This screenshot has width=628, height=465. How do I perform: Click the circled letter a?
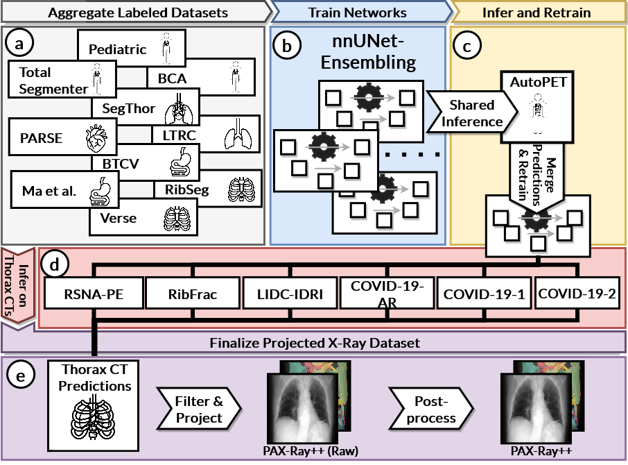click(x=19, y=43)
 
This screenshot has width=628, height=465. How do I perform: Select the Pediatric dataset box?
click(x=118, y=50)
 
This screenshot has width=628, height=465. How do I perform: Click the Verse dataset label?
click(x=118, y=218)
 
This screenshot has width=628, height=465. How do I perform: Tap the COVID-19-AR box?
click(x=387, y=294)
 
